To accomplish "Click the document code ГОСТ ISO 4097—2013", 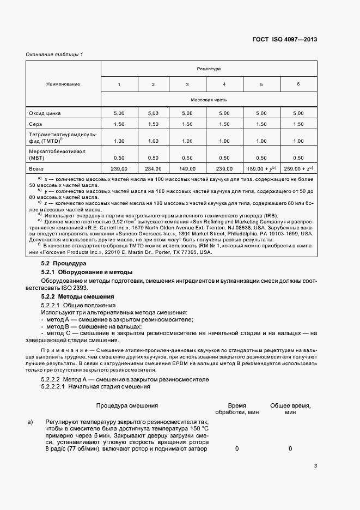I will point(284,39).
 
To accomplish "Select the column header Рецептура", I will point(209,69).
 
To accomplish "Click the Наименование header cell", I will point(63,84).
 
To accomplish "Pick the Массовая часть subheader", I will point(209,100).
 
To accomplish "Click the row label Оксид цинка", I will point(45,113).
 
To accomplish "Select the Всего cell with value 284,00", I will point(153,169).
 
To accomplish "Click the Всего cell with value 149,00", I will point(187,169).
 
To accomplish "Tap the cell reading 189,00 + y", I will point(261,169).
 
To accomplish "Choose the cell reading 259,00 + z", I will point(298,169).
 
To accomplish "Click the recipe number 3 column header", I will point(187,84).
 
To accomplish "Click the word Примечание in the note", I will point(63,348).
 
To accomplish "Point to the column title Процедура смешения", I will point(127,406).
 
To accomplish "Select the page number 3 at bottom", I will point(315,465).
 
